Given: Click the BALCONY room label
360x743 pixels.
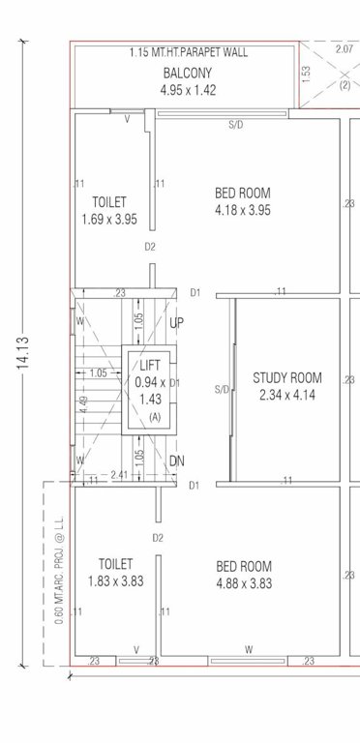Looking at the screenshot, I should (182, 74).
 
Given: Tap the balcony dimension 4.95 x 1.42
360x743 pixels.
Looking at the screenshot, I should (182, 90).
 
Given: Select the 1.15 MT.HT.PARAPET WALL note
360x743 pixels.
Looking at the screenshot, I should (182, 53).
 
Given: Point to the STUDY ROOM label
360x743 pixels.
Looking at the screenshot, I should (286, 377).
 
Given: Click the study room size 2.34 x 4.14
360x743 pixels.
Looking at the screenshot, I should (286, 395).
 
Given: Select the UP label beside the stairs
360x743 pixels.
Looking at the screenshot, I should (176, 322).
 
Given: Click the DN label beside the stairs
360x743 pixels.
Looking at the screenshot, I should (176, 461).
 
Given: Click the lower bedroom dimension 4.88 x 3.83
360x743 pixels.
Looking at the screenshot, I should (244, 583).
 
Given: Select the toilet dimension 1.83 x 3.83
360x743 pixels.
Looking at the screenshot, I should (115, 580).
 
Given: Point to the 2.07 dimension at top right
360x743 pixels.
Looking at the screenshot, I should (343, 47).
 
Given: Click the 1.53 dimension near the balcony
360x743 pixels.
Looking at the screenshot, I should (306, 74).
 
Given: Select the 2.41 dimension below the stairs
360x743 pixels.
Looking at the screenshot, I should (120, 475).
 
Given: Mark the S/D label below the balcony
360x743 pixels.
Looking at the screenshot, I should (235, 125).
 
